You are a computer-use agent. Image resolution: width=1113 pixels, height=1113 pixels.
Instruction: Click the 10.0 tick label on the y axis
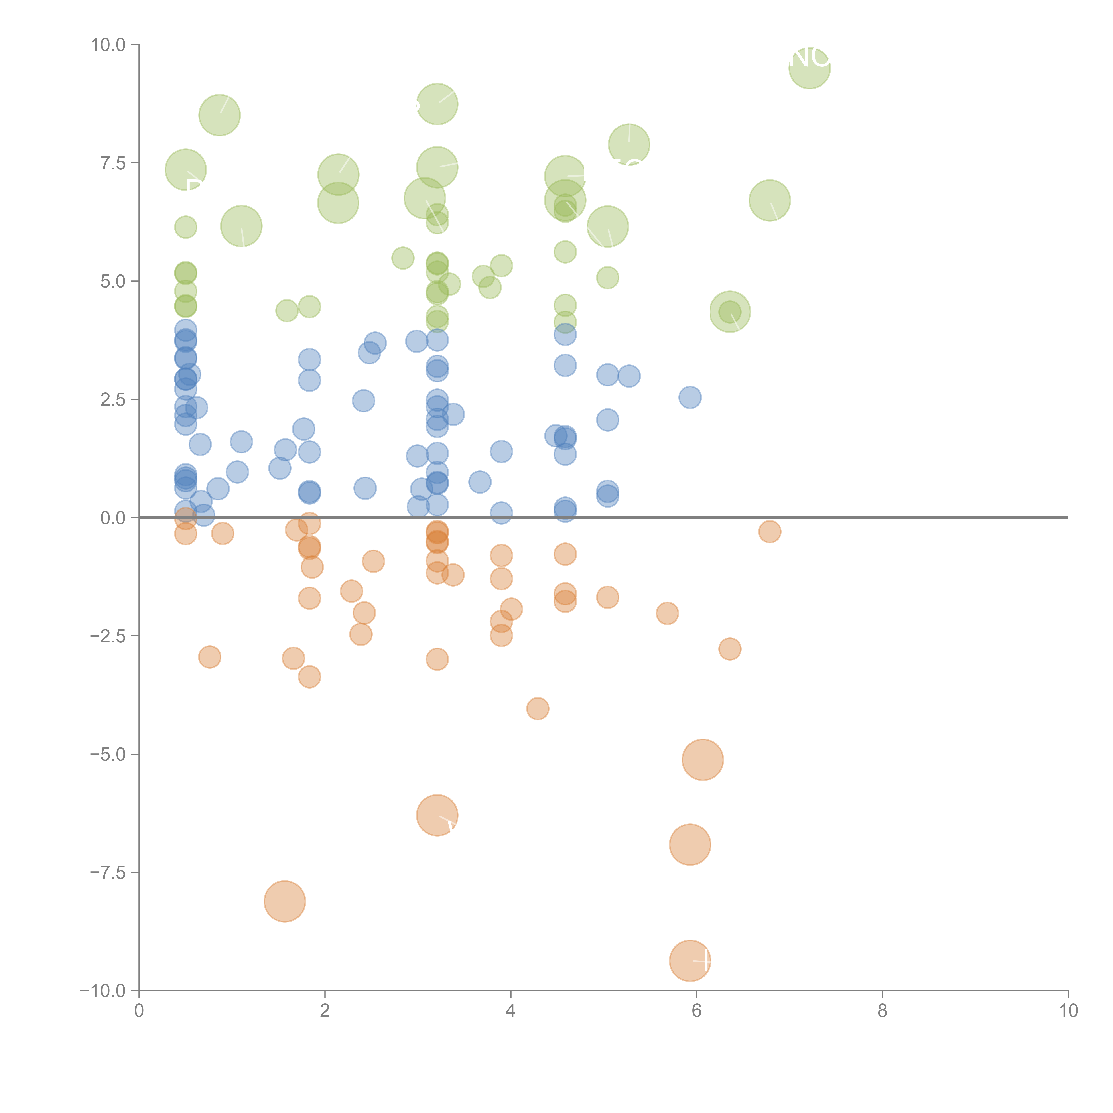108,45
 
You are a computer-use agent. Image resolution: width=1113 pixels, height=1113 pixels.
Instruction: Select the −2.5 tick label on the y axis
107,636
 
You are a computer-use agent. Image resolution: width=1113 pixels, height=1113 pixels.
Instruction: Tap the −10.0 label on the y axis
103,991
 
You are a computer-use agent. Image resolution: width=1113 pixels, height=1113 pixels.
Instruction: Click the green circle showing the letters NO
809,68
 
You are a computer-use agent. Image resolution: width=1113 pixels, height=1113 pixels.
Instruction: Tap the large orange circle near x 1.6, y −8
284,901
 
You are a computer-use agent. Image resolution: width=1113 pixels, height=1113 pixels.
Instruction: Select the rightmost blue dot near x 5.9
690,397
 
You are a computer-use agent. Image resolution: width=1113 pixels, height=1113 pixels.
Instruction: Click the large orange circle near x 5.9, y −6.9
690,845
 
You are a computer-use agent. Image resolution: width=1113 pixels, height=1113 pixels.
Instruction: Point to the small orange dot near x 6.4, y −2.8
729,649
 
